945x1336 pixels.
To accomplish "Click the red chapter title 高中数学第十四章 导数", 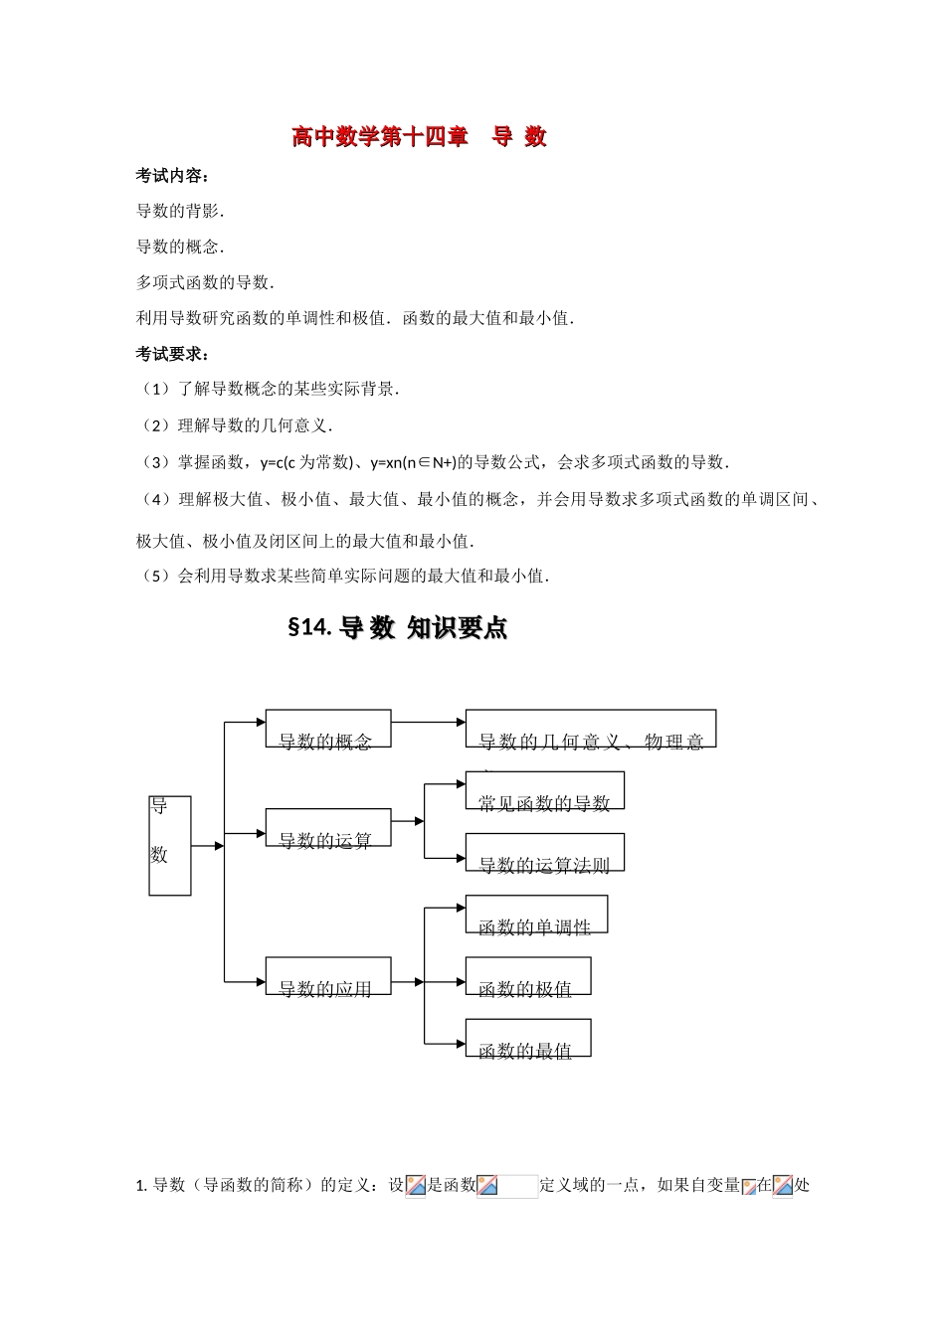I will pos(419,137).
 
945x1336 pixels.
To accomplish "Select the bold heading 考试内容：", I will pos(172,176).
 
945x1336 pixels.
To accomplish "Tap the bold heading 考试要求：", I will pos(172,354).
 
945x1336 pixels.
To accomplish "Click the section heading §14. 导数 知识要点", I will pos(397,628).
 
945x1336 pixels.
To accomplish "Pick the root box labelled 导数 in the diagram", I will pos(169,845).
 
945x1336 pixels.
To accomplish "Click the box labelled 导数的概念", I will pos(327,729).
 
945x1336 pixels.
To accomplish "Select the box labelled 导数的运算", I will pos(327,828).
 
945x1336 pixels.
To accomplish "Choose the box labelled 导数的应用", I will pos(327,976).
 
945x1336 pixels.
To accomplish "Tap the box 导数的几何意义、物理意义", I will pos(590,729).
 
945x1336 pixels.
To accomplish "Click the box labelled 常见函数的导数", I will pos(544,790).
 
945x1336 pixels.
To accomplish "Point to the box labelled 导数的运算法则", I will pos(544,853).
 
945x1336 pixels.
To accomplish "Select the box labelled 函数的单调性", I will pos(535,915).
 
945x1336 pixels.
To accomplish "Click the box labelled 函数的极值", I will pos(527,976).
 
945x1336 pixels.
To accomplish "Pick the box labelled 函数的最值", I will pos(527,1038).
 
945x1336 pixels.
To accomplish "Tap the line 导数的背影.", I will pos(180,211).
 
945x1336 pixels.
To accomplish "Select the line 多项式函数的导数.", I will pos(205,282).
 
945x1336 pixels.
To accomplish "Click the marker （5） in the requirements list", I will pos(156,576).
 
